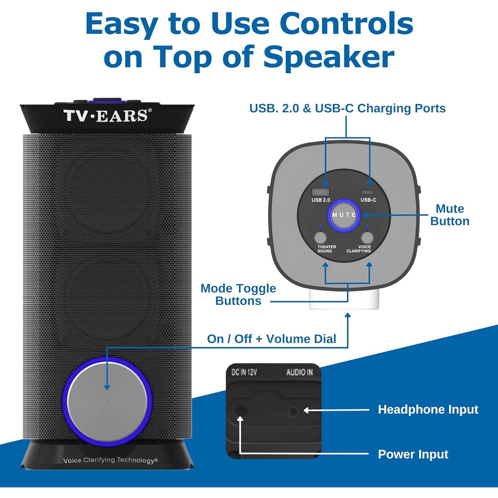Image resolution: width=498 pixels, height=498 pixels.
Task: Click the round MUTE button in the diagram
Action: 344,215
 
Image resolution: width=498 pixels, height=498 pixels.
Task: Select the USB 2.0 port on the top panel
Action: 320,192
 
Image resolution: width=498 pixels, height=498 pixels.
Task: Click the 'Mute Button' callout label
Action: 450,215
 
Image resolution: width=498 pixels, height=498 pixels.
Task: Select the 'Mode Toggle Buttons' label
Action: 238,294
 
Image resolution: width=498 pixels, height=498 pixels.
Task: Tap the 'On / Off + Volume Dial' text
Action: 271,339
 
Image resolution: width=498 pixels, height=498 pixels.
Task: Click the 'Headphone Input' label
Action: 428,409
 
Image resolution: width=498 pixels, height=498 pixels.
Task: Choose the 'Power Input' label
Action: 413,454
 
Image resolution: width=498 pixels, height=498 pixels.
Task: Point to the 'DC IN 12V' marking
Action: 244,373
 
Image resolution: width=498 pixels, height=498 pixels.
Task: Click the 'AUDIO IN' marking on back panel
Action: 299,373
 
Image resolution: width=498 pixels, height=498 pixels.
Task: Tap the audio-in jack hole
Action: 293,412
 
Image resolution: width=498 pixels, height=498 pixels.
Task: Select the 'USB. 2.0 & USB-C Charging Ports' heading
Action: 347,108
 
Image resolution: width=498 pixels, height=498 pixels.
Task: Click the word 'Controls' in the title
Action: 346,24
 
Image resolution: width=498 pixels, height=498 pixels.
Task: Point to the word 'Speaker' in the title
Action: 329,57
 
